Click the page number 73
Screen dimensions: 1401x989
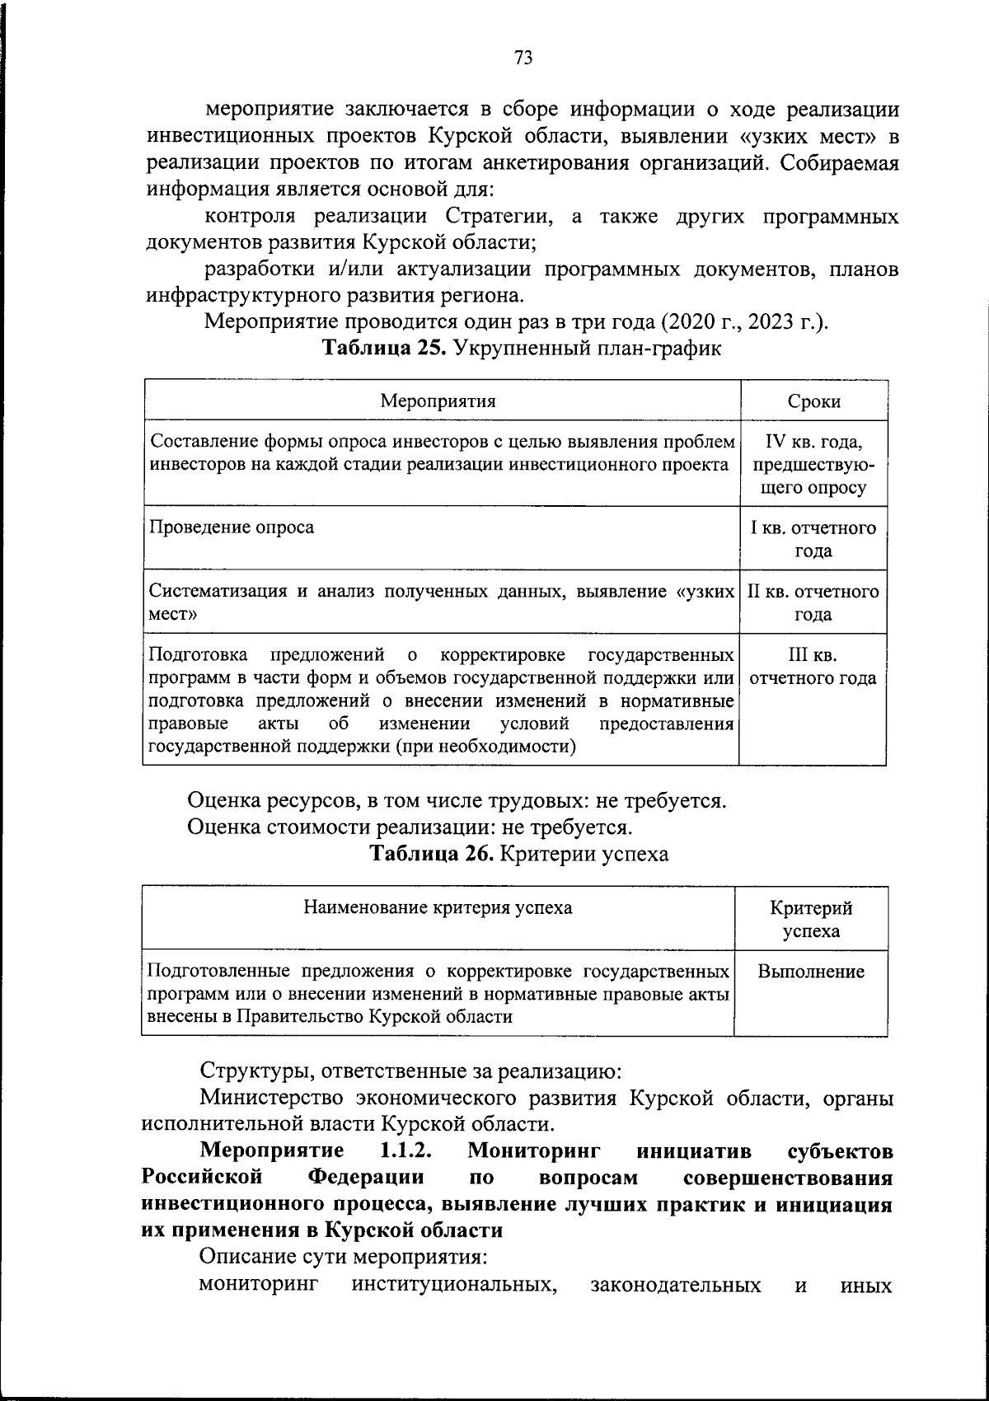(x=523, y=58)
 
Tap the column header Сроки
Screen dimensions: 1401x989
(x=813, y=401)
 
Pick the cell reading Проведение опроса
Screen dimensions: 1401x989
(x=232, y=527)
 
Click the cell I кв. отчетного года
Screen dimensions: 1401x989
(x=813, y=539)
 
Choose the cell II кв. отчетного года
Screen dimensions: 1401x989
(x=813, y=602)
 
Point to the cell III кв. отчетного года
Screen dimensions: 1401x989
(x=813, y=667)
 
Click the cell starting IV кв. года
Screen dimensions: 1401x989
(x=813, y=464)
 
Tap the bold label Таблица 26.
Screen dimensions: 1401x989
(x=432, y=854)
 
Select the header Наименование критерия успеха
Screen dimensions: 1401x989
(x=438, y=907)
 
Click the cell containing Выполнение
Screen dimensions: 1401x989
(x=811, y=972)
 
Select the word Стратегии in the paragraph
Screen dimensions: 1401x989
(x=496, y=216)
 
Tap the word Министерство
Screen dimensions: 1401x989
(x=270, y=1098)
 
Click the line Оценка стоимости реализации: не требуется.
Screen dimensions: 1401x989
(x=410, y=827)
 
